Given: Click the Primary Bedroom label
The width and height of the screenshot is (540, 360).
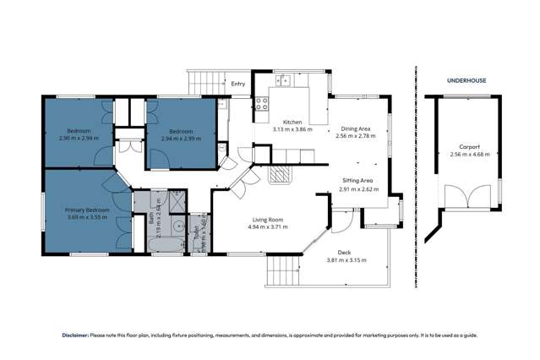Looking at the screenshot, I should [x=87, y=210].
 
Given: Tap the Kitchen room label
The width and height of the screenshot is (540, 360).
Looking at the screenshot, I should [x=292, y=122].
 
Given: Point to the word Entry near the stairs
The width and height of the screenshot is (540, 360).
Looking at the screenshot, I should [x=237, y=84].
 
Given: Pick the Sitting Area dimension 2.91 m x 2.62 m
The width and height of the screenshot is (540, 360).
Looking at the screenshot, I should [x=358, y=189].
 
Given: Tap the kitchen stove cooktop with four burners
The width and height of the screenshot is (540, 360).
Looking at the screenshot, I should [x=262, y=106].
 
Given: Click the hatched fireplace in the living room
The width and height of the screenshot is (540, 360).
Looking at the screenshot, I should [x=280, y=175].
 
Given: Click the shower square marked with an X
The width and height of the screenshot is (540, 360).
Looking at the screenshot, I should [x=178, y=201].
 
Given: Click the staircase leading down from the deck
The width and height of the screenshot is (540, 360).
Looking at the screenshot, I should [x=282, y=272].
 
